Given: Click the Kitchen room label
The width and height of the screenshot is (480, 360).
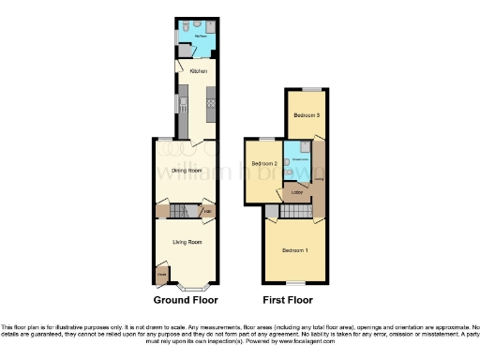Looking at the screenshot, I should tap(198, 71).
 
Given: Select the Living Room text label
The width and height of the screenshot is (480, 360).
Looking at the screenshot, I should tap(187, 242).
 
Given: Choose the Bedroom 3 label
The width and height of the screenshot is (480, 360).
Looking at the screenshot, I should tap(306, 115).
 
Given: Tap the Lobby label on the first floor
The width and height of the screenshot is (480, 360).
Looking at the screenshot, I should tap(296, 194).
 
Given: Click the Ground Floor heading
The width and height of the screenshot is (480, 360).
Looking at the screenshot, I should tap(186, 301).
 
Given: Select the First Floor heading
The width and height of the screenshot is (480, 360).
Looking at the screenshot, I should tap(287, 301).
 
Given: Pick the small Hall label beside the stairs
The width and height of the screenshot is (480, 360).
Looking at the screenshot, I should tap(206, 211).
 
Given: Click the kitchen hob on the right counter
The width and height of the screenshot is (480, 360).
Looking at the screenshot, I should tap(212, 102).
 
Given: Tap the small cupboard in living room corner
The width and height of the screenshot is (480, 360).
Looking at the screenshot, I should tap(162, 274).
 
